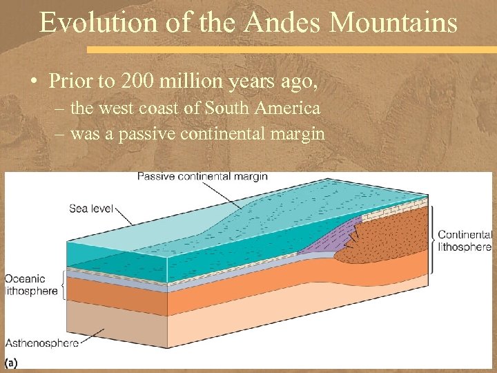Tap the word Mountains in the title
point(393,23)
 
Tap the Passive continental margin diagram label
point(202,177)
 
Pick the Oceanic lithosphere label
point(30,285)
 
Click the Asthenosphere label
point(41,342)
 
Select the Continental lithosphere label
point(465,240)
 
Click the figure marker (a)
point(12,362)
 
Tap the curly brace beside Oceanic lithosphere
point(64,284)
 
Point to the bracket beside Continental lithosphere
point(433,240)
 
